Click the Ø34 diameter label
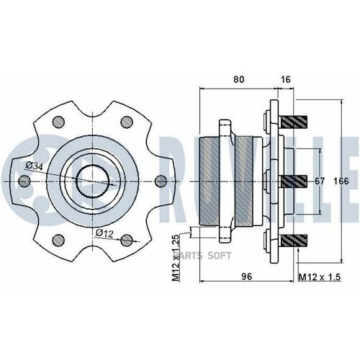coord(34,166)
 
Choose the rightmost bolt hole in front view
coord(160,180)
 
